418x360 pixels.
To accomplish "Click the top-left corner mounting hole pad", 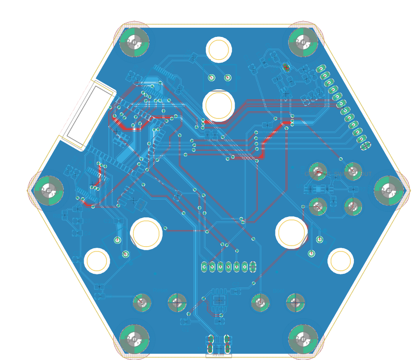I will pyautogui.click(x=134, y=42).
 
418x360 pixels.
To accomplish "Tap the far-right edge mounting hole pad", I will pyautogui.click(x=388, y=190).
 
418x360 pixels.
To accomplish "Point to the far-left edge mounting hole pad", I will pyautogui.click(x=49, y=190).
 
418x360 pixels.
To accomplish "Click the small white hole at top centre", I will pyautogui.click(x=219, y=50).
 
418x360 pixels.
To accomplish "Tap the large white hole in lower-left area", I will pyautogui.click(x=146, y=233).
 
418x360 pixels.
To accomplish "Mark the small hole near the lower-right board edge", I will pyautogui.click(x=340, y=261).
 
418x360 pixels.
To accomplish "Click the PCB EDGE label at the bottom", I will pyautogui.click(x=219, y=355).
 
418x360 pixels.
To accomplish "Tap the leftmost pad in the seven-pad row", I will pyautogui.click(x=204, y=267).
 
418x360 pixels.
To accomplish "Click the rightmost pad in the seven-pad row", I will pyautogui.click(x=253, y=267).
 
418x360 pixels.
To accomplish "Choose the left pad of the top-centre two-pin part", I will pyautogui.click(x=211, y=78).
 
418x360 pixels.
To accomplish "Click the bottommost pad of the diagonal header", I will pyautogui.click(x=366, y=145).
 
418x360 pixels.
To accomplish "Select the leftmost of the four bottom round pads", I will pyautogui.click(x=142, y=303).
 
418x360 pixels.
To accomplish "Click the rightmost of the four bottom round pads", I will pyautogui.click(x=295, y=303).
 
